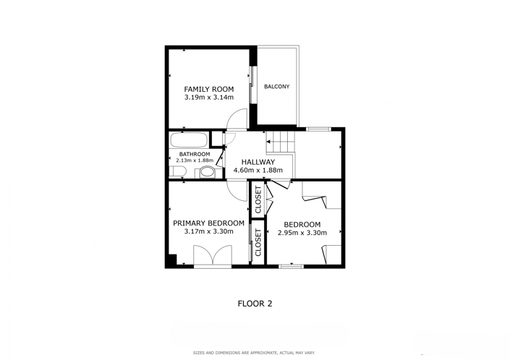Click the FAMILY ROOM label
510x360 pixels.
point(208,89)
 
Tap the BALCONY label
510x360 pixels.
point(276,87)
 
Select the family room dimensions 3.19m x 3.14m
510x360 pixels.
point(208,98)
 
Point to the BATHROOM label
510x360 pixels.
point(195,154)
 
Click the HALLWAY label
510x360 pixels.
point(258,162)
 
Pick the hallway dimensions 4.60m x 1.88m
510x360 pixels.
point(258,171)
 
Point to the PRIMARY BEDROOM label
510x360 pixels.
point(208,223)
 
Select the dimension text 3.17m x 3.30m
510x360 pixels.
point(208,232)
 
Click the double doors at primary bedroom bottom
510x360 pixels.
point(212,256)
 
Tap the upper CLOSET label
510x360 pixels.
point(258,200)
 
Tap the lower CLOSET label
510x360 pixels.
point(258,243)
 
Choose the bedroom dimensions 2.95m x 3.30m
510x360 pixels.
point(302,233)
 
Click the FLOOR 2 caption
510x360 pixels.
point(255,304)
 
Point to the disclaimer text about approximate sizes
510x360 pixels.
point(254,353)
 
